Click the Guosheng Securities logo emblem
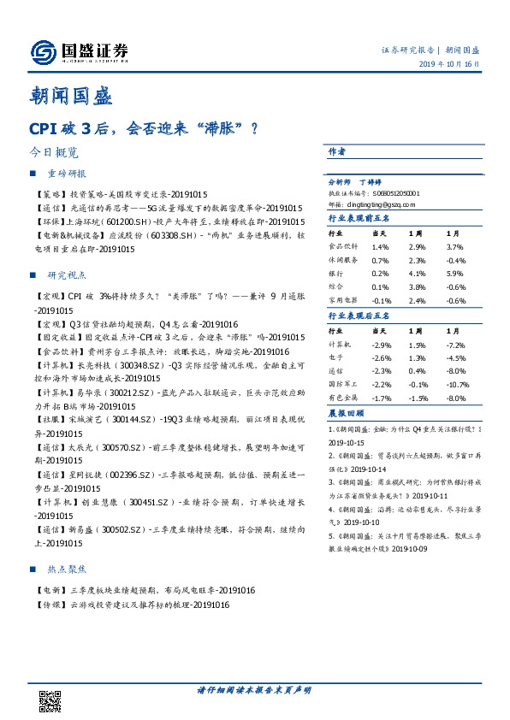[x=42, y=52]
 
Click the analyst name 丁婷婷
[x=371, y=182]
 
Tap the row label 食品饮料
[x=342, y=246]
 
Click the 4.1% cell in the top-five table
[x=415, y=274]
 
